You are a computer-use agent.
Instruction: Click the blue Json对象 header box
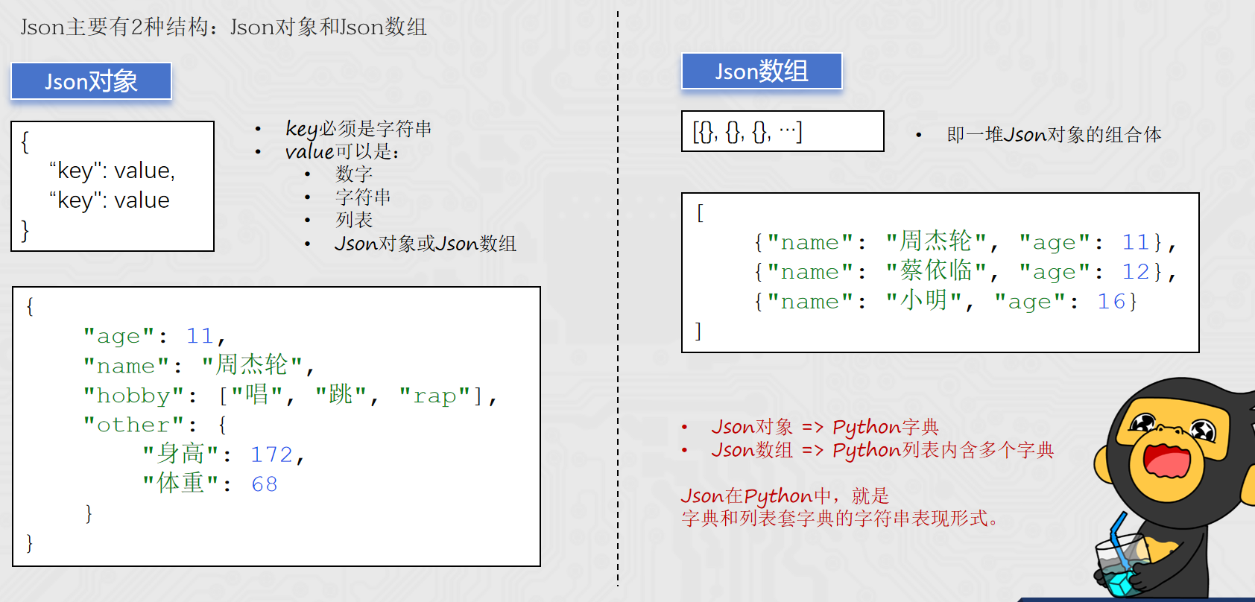point(92,81)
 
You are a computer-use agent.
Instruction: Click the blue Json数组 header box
point(762,71)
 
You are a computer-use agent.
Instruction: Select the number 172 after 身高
point(272,454)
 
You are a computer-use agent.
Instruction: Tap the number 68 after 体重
point(265,484)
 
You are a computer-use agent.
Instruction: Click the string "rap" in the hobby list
point(434,396)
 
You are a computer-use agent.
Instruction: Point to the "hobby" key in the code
point(133,396)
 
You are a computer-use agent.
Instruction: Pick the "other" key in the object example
point(133,425)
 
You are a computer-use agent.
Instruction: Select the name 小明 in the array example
point(923,301)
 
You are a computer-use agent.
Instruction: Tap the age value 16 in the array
point(1111,302)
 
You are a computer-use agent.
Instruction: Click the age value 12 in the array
point(1136,272)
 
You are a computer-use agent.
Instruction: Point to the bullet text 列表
point(354,220)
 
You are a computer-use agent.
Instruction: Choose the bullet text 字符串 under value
point(363,197)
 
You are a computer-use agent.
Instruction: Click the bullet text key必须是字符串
point(358,129)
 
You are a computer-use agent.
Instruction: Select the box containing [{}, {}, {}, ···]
point(783,131)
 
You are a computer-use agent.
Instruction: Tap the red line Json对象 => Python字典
point(825,427)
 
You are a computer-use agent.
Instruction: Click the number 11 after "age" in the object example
point(200,336)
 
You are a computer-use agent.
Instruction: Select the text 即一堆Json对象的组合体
point(1054,135)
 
